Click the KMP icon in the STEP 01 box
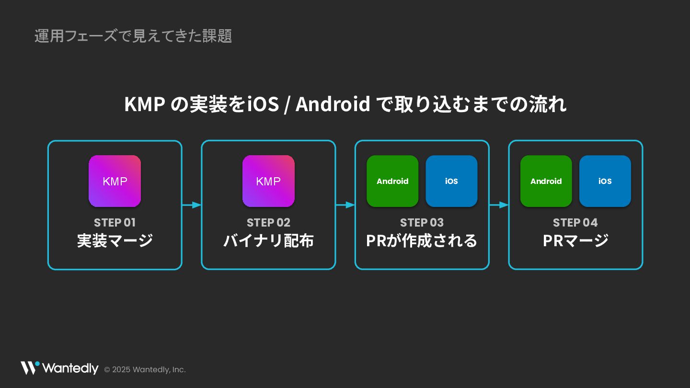click(115, 181)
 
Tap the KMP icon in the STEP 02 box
click(268, 181)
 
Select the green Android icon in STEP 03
click(392, 181)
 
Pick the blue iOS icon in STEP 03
click(451, 181)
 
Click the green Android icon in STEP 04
click(546, 181)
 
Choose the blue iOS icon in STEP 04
click(605, 181)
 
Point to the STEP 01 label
click(115, 223)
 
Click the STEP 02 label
click(268, 223)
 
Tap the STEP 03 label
click(422, 223)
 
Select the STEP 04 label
click(575, 223)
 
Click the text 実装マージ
click(115, 240)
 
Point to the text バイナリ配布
click(268, 240)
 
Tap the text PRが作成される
click(422, 240)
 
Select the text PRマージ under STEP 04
click(575, 240)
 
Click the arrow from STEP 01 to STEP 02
click(192, 205)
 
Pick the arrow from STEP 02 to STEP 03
click(345, 205)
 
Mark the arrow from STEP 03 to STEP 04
click(499, 205)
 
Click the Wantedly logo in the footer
click(59, 368)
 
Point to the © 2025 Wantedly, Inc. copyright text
click(145, 370)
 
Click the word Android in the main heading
click(333, 104)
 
